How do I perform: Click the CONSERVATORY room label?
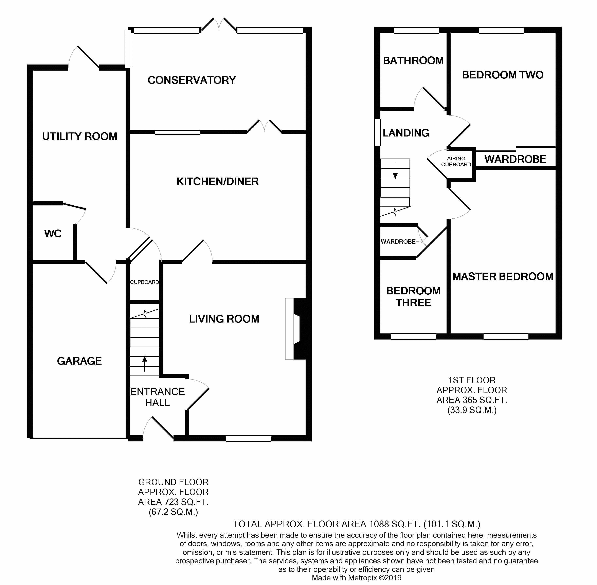(192, 80)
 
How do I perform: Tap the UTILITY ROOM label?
(79, 136)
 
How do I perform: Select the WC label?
(53, 234)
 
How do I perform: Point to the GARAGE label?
(79, 361)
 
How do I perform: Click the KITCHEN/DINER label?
(218, 182)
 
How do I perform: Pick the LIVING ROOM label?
(224, 319)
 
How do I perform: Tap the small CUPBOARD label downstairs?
(144, 282)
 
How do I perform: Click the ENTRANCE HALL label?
(157, 397)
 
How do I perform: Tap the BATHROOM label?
(413, 60)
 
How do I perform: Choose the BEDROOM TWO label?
(503, 75)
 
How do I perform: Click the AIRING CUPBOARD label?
(456, 161)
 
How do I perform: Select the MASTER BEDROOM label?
(503, 276)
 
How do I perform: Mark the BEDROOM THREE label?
(413, 296)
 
